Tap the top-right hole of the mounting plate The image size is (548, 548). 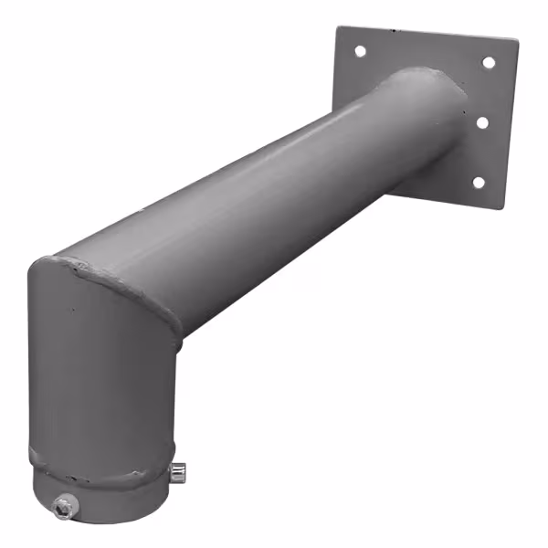(488, 63)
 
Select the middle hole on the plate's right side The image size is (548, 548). (483, 121)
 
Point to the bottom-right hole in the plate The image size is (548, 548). (477, 183)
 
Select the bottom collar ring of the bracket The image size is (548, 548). (100, 493)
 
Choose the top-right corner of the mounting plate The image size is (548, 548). (517, 41)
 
